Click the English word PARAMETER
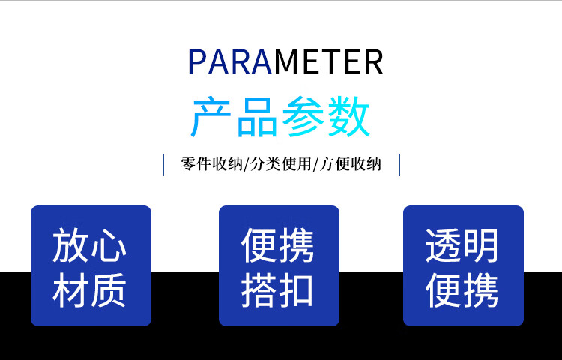(x=285, y=62)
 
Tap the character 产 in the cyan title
(x=211, y=117)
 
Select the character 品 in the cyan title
(x=257, y=117)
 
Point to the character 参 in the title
(x=303, y=117)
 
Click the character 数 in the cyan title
(x=349, y=117)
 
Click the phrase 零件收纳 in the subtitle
(x=211, y=164)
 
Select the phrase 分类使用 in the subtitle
(x=281, y=164)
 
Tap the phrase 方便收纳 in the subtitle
(x=350, y=164)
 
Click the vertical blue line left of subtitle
(x=163, y=165)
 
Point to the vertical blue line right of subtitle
(x=399, y=165)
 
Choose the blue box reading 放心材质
(x=91, y=265)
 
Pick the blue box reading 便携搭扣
(x=279, y=265)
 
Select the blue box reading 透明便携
(x=463, y=265)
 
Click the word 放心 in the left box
(x=90, y=246)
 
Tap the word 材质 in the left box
(x=90, y=290)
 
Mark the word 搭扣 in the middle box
(x=277, y=290)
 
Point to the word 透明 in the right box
(x=462, y=246)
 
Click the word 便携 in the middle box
(x=277, y=246)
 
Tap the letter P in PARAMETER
(x=197, y=62)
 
